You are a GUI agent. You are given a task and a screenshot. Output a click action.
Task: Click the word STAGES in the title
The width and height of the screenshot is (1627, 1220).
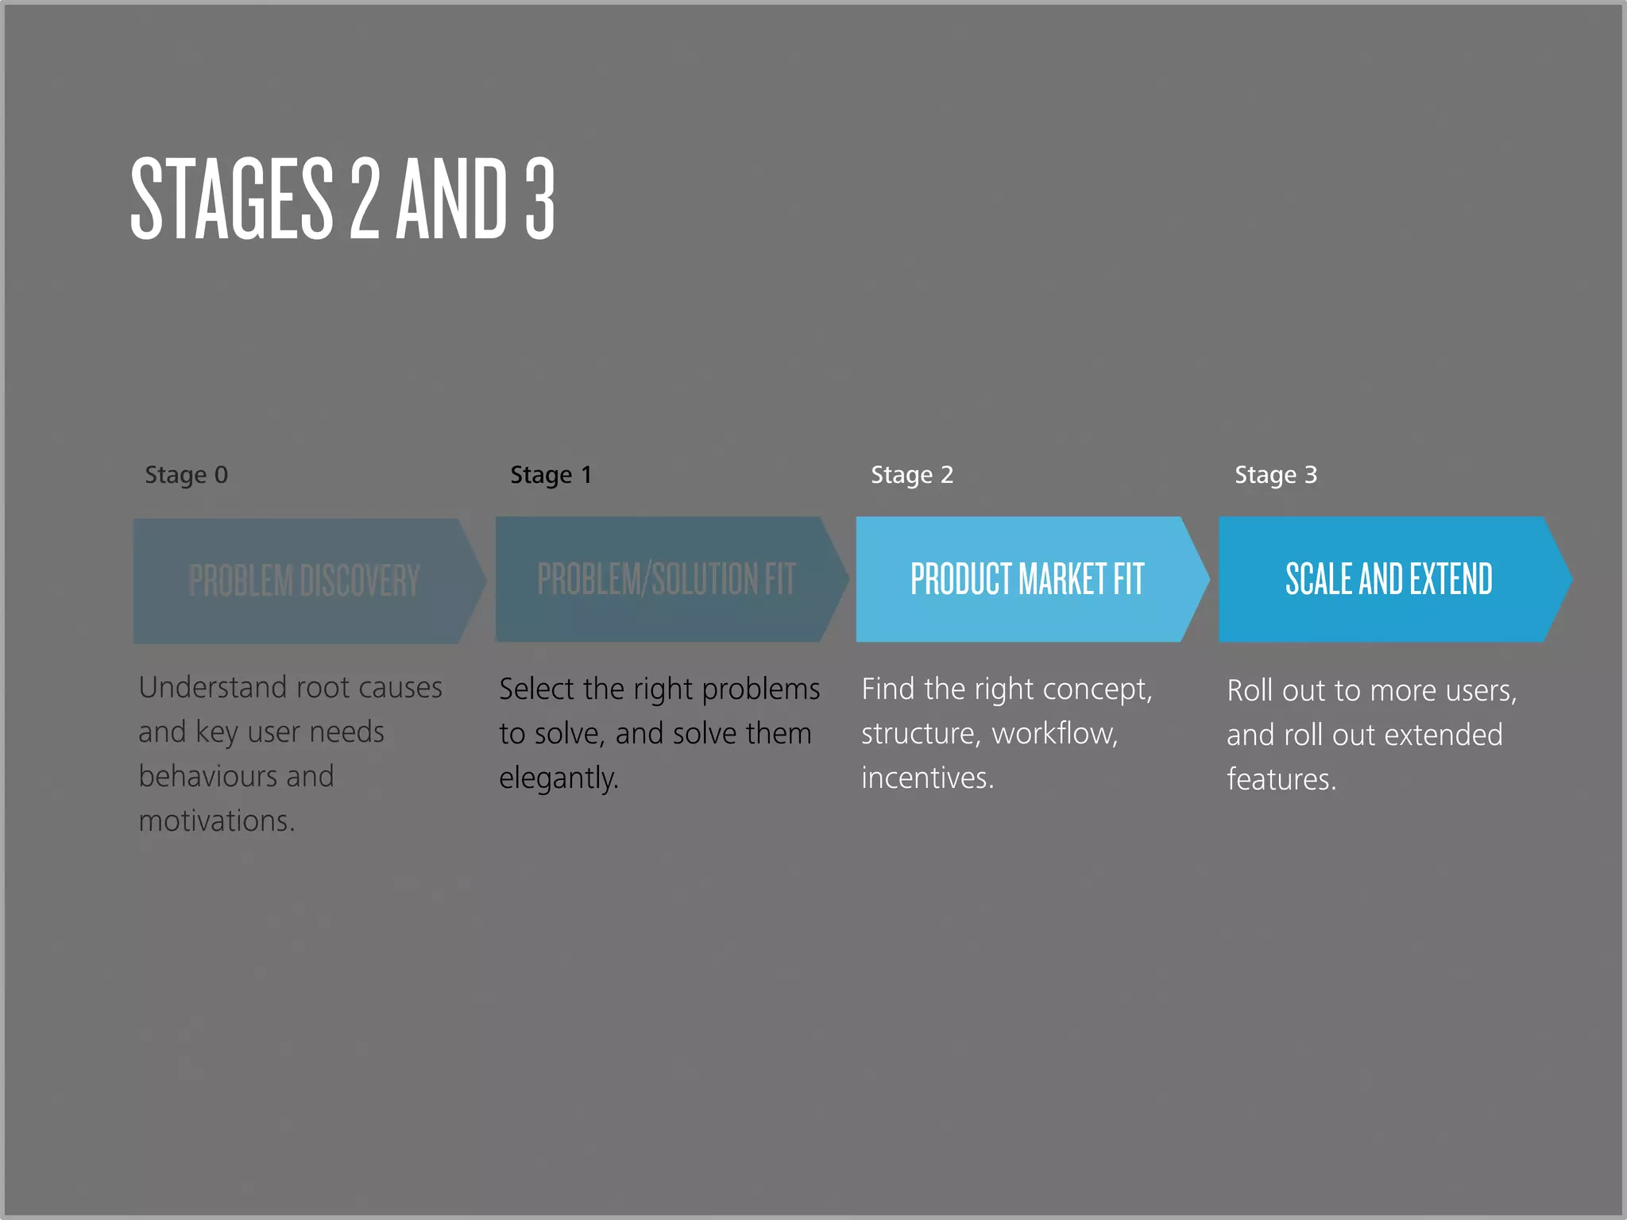[x=231, y=199]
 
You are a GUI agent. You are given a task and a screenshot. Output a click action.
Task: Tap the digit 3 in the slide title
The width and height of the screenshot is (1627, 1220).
[x=539, y=199]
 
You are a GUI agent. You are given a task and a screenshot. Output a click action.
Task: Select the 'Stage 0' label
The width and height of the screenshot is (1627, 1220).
[x=186, y=475]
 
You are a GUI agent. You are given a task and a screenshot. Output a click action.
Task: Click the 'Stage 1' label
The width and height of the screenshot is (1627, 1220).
[x=551, y=475]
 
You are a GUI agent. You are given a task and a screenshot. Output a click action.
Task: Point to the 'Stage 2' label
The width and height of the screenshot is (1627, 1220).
[x=911, y=475]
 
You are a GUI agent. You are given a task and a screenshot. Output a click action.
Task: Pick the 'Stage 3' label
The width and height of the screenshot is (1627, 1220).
[x=1275, y=475]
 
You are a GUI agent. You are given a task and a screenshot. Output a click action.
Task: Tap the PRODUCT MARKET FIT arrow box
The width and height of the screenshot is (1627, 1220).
[x=1026, y=579]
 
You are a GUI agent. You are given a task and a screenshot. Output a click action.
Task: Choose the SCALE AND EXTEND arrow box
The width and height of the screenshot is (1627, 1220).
[x=1389, y=579]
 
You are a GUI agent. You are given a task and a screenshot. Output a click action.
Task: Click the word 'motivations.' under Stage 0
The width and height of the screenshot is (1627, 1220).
[x=216, y=820]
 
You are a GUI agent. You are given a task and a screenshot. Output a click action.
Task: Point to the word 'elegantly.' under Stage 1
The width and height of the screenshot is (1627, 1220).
[x=558, y=778]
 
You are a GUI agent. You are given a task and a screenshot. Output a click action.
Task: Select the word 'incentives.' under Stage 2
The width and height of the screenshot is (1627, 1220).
[x=927, y=778]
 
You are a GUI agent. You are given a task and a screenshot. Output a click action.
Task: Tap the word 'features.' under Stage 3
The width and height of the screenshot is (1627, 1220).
[x=1281, y=779]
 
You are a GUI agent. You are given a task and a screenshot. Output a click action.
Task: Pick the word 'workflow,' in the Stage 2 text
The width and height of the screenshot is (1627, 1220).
[x=1054, y=733]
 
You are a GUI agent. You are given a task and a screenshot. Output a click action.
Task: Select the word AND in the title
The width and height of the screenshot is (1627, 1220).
[x=451, y=199]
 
